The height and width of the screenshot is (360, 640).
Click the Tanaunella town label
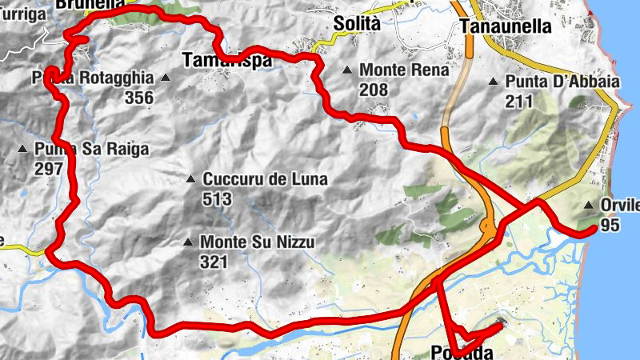506,26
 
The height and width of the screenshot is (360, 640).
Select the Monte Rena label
404,70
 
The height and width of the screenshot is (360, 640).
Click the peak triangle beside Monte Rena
347,70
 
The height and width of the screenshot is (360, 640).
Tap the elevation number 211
519,101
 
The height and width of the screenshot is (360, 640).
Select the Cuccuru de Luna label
265,179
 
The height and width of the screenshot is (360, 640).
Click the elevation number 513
217,198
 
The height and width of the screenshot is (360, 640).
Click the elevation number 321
214,261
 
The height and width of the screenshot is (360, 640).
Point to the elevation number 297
50,168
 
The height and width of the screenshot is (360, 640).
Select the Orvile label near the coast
619,206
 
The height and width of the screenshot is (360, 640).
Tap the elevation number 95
610,226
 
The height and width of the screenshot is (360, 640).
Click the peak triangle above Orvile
590,204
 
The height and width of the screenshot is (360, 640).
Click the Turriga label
22,14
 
